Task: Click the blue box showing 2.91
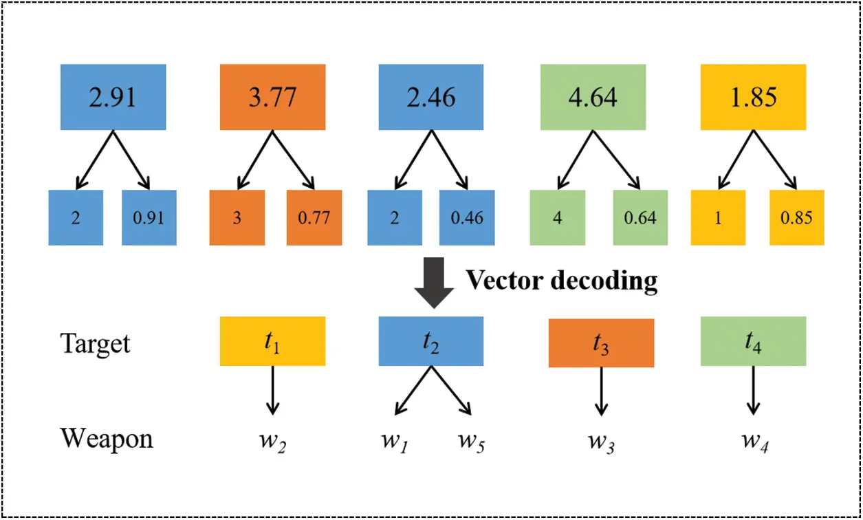pos(113,97)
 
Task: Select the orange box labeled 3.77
pos(272,97)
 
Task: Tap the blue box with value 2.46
pos(431,97)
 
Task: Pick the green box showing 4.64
pos(593,97)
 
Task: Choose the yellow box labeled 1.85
pos(752,97)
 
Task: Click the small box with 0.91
pos(149,218)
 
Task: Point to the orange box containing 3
pos(236,218)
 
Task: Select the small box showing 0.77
pos(314,218)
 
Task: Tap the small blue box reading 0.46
pos(467,218)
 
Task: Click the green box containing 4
pos(557,218)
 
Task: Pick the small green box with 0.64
pos(640,218)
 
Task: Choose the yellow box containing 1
pos(719,218)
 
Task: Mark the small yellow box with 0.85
pos(797,218)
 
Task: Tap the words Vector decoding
pos(562,281)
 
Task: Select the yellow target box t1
pos(272,341)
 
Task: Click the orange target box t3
pos(600,343)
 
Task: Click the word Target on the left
pos(95,343)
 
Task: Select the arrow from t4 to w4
pos(752,390)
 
